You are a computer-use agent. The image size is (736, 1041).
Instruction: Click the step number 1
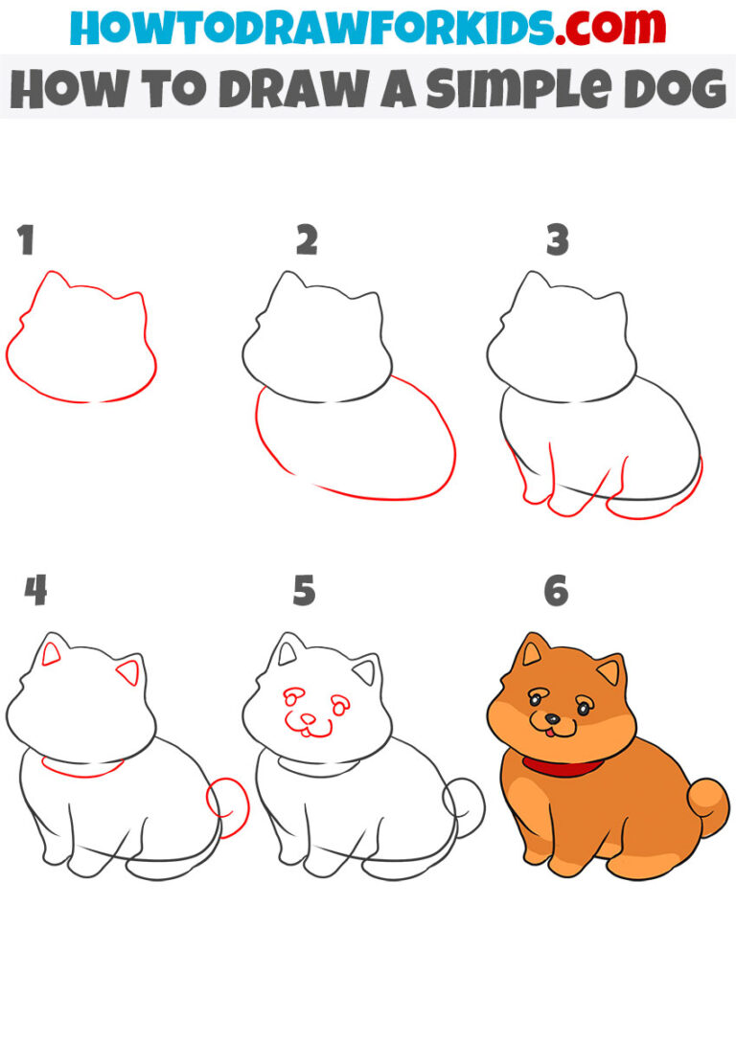click(26, 241)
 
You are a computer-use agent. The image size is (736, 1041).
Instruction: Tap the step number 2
click(306, 241)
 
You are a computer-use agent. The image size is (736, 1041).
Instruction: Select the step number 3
click(557, 241)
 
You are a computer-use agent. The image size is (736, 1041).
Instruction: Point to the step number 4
click(35, 591)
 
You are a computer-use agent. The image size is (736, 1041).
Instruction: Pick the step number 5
click(304, 591)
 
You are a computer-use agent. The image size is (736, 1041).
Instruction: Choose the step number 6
click(557, 591)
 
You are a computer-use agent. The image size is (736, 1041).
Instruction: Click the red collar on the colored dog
click(563, 766)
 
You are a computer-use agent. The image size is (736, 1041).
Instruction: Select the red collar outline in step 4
click(82, 768)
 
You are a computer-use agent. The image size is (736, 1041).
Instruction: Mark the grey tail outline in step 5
click(466, 804)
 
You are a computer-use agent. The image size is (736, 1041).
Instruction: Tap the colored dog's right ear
click(609, 670)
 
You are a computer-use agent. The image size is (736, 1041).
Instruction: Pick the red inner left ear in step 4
click(52, 656)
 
